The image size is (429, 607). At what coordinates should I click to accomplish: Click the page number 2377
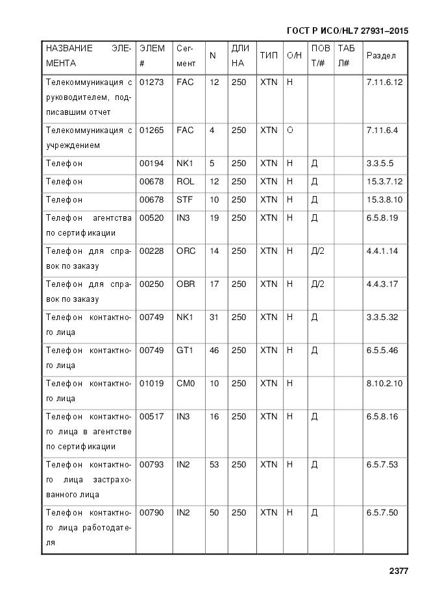point(398,571)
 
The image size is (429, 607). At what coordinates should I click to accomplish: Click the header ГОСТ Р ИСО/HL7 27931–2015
point(347,31)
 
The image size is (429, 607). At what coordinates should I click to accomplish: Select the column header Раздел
point(381,56)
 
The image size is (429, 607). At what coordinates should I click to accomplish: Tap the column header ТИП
point(268,56)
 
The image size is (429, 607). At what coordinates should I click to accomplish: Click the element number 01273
point(151,82)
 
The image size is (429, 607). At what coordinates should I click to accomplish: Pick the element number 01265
point(151,130)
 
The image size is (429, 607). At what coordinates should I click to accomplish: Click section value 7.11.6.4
point(382,130)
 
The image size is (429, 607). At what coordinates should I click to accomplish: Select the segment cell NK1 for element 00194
point(185,164)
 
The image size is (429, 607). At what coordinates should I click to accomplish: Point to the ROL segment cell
point(185,182)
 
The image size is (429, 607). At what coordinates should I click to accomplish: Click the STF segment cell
point(185,200)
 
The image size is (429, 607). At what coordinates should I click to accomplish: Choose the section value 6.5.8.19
point(382,218)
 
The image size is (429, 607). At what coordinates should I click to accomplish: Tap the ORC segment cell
point(186,251)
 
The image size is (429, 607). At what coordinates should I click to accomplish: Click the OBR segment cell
point(186,284)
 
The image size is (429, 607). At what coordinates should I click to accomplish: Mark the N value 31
point(214,317)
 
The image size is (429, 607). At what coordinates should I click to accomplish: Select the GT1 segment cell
point(185,351)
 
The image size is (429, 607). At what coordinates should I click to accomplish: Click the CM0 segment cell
point(186,384)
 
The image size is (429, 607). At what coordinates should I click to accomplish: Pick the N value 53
point(214,465)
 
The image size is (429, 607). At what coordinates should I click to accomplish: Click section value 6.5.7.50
point(382,513)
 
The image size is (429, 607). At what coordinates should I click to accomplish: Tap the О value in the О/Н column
point(290,130)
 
